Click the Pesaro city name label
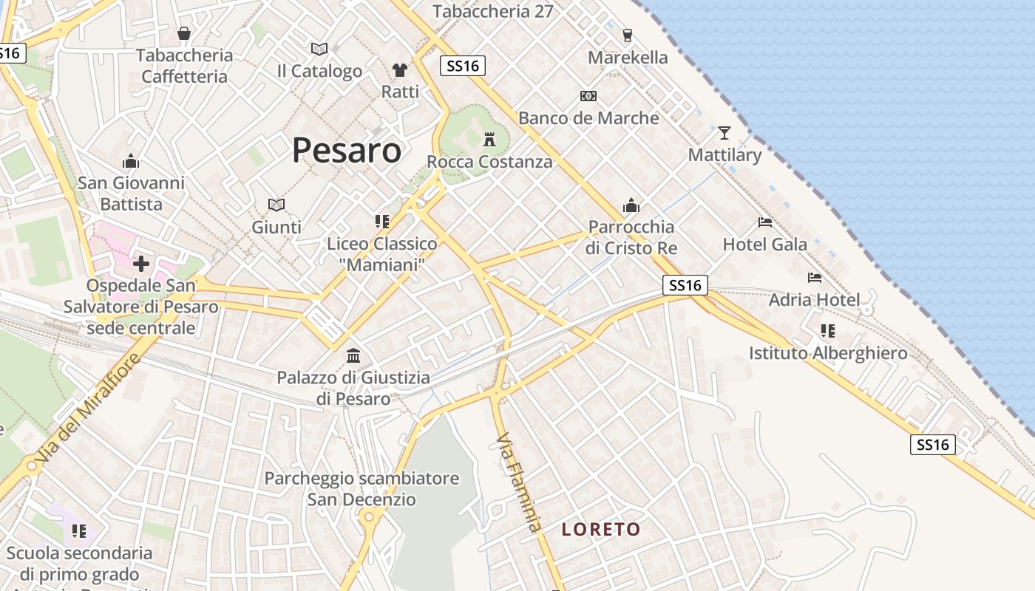pos(346,150)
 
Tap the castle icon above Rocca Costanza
pos(489,139)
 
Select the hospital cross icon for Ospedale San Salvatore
pos(140,264)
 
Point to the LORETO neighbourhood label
pos(600,529)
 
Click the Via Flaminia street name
pos(519,482)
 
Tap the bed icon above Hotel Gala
pos(765,222)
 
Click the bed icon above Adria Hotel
pos(815,278)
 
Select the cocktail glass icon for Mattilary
pos(724,133)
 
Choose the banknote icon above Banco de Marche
pos(588,96)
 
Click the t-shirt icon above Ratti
pos(400,70)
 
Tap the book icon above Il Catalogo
pos(319,49)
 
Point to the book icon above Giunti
pos(276,205)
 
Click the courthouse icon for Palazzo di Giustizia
pos(353,356)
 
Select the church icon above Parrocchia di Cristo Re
pos(631,205)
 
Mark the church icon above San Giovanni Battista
pos(131,160)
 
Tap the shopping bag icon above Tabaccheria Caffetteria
pos(184,33)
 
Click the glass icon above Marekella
pos(628,35)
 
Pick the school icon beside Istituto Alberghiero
pos(827,331)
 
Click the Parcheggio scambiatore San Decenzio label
pos(362,488)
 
